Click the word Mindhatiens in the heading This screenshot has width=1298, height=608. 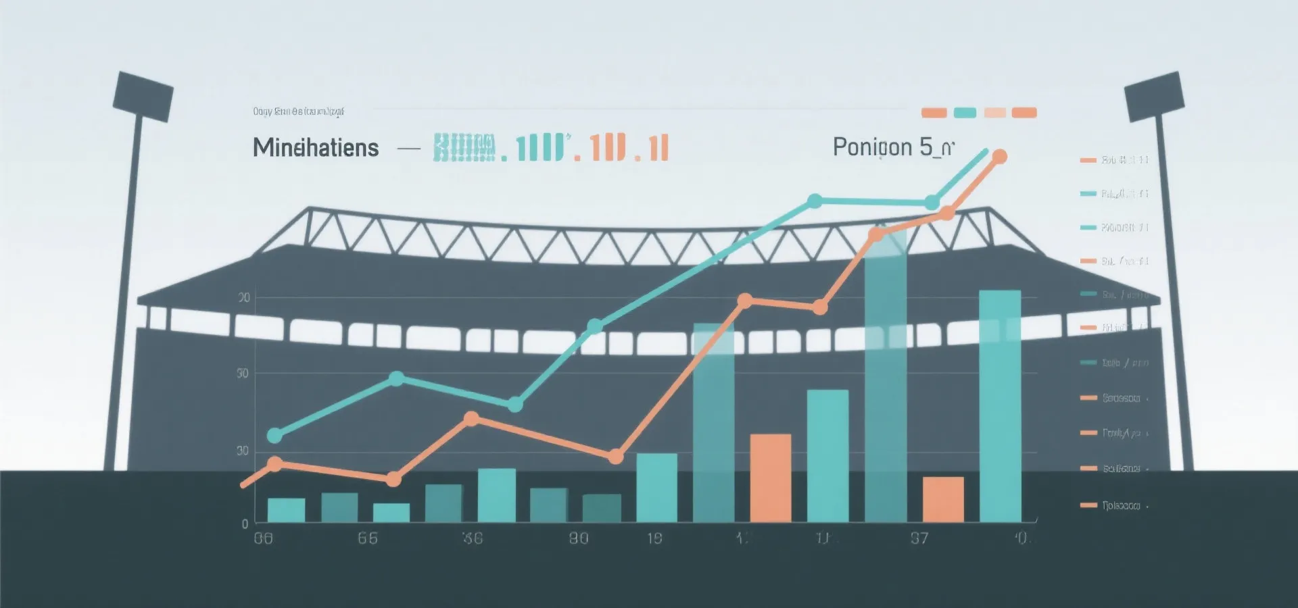click(316, 147)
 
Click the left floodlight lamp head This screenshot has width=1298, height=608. click(143, 96)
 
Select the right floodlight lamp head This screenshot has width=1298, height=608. click(1155, 96)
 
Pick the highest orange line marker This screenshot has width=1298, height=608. click(999, 157)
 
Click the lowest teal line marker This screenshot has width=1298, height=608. click(274, 436)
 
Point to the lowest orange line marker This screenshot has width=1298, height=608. click(393, 480)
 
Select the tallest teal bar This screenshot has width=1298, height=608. click(886, 378)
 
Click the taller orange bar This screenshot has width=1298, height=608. click(771, 478)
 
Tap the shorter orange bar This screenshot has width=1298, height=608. click(943, 499)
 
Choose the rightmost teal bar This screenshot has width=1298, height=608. click(1000, 405)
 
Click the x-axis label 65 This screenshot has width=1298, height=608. click(368, 538)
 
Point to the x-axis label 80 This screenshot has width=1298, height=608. click(579, 538)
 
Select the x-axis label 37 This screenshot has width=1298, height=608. click(919, 538)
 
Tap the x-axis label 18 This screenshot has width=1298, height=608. click(654, 538)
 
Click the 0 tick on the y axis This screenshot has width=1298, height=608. click(245, 524)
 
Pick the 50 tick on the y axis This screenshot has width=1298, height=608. click(243, 374)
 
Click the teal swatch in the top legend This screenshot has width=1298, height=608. click(965, 113)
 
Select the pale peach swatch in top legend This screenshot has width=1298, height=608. click(995, 113)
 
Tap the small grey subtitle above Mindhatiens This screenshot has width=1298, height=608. click(298, 111)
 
